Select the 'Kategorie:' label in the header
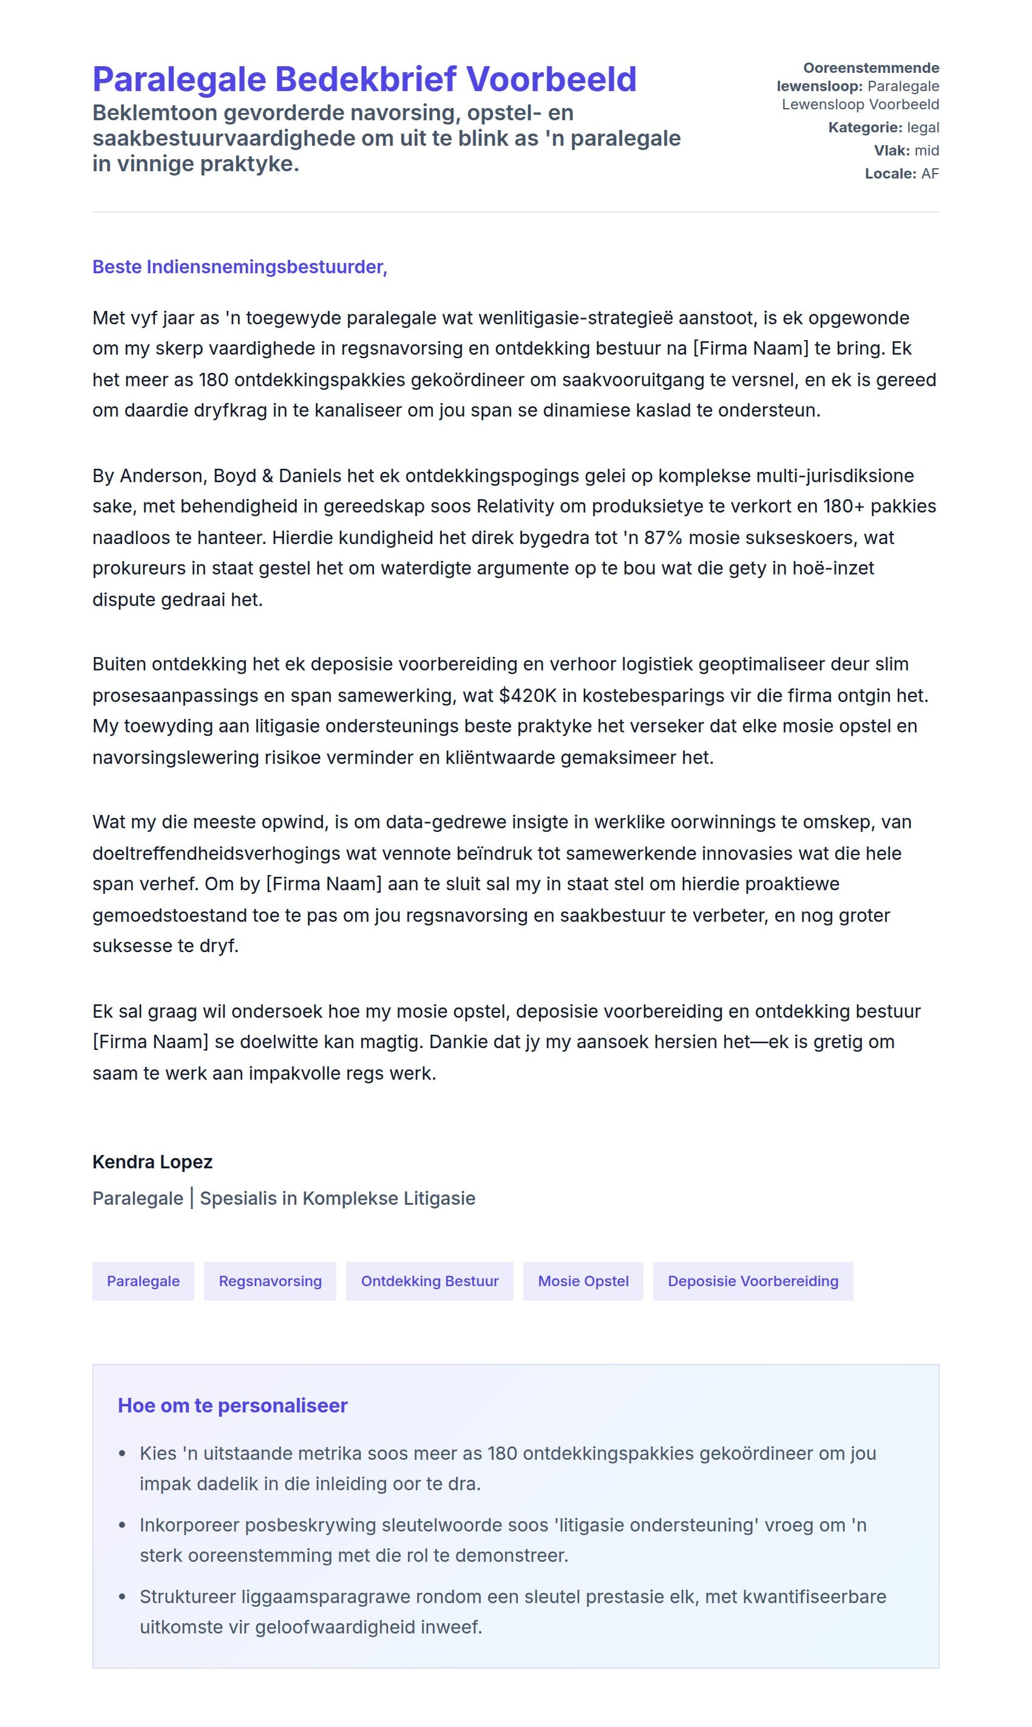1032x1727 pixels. point(864,128)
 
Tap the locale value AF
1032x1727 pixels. point(930,174)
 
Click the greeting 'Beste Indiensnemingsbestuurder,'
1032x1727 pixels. point(239,267)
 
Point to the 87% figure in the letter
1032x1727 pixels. point(663,537)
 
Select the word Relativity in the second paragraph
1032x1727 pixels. point(515,506)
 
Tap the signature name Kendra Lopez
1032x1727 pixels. point(152,1162)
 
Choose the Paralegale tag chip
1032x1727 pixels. point(143,1281)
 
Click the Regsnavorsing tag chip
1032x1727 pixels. point(270,1281)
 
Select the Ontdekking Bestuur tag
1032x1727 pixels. point(430,1281)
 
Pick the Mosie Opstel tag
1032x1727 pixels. point(583,1281)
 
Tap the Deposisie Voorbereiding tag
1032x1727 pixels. point(752,1281)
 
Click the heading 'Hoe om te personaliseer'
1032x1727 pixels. point(233,1406)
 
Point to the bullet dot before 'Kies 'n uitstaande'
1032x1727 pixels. point(123,1454)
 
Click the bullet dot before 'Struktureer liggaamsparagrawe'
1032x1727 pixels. point(123,1597)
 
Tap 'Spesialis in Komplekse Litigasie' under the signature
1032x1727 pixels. point(338,1199)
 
